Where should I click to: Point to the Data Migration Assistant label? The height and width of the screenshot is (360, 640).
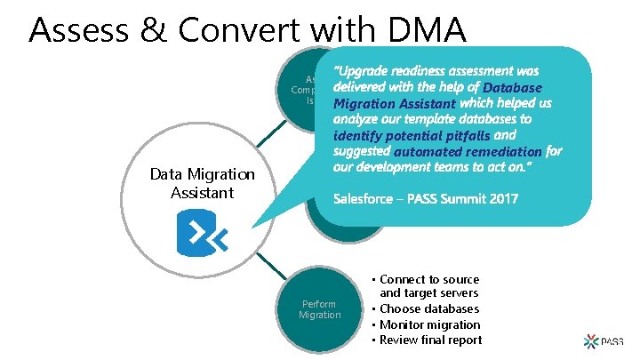203,184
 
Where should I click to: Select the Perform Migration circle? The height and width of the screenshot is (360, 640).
319,309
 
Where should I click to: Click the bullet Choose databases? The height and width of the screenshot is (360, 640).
430,309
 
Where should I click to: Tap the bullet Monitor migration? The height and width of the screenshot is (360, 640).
430,324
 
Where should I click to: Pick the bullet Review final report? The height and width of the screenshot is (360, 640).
430,340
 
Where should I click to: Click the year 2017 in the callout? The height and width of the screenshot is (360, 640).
499,198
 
